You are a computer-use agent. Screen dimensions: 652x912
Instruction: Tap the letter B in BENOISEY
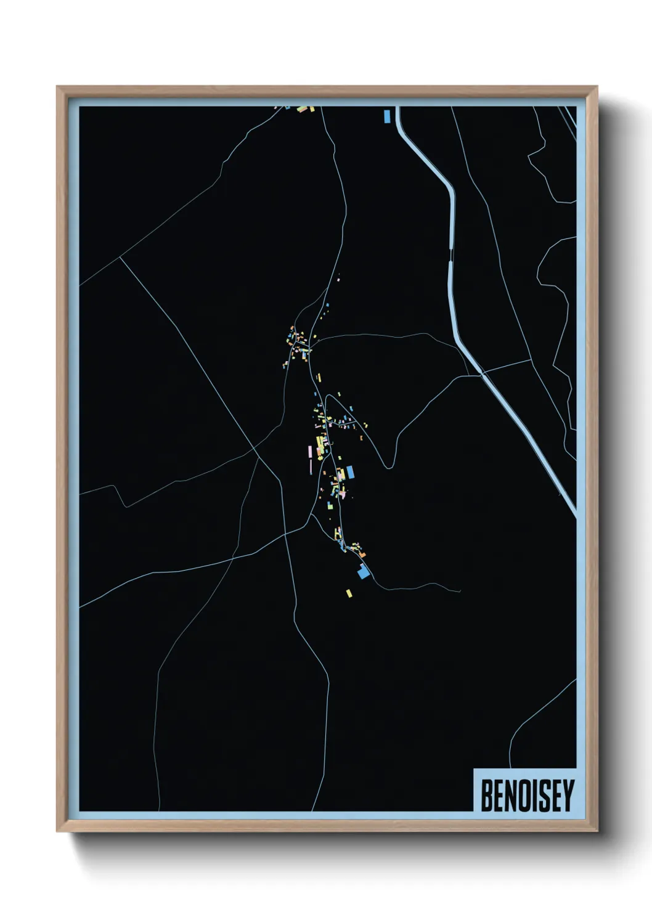coord(486,796)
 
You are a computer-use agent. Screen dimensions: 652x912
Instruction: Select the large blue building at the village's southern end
coord(364,572)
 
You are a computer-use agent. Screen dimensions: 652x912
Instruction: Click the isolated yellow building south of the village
coord(349,593)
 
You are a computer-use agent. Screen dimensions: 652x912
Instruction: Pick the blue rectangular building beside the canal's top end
coord(387,116)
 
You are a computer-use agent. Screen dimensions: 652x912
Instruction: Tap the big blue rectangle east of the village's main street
coord(350,472)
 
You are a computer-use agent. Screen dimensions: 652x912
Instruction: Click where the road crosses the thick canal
coord(482,373)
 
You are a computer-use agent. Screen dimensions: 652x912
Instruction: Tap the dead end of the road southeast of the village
coord(460,590)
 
